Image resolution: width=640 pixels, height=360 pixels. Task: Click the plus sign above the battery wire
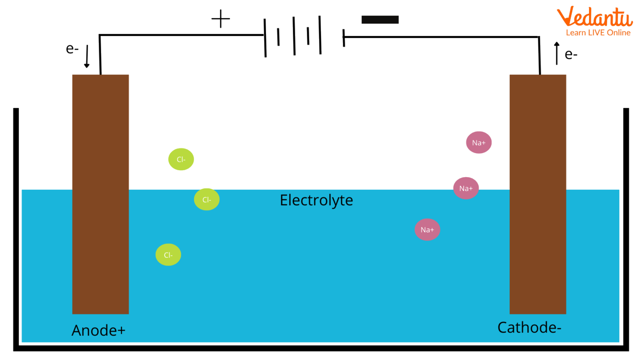(220, 19)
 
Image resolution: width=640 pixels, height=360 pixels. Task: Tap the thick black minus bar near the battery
(380, 19)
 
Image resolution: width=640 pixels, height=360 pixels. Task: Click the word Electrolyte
(316, 200)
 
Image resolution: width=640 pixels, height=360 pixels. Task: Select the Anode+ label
(98, 330)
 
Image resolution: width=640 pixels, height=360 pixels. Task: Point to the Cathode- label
(529, 327)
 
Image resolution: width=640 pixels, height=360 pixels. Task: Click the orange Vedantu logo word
(594, 18)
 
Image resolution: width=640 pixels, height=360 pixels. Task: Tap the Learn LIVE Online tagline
(598, 33)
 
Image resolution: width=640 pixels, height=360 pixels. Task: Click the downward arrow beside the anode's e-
(87, 56)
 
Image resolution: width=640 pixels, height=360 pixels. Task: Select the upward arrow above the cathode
(557, 53)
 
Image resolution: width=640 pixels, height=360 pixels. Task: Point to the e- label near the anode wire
(72, 49)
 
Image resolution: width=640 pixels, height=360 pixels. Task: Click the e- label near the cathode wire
(571, 54)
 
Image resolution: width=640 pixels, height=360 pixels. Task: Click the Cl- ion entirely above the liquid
(181, 159)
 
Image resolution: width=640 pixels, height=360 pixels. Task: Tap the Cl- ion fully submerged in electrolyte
(168, 255)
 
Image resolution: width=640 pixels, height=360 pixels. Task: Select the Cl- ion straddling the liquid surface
(207, 199)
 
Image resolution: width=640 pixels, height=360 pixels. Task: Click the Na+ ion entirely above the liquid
(479, 143)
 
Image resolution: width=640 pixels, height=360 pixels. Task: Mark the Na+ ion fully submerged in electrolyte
(427, 230)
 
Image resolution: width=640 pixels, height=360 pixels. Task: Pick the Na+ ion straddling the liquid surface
(466, 188)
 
